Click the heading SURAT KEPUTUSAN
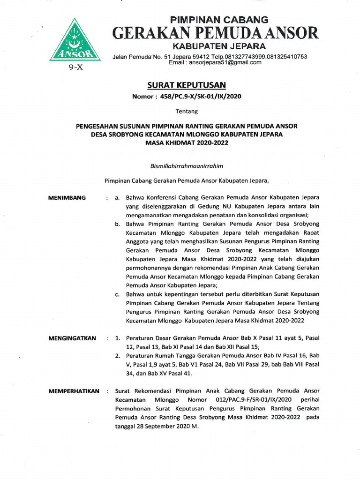coord(187,85)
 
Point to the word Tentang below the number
coord(187,112)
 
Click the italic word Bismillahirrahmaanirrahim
coord(187,165)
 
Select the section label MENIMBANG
coord(67,198)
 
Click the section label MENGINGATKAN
coord(73,338)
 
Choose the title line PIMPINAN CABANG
coord(218,20)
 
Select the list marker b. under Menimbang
coord(117,225)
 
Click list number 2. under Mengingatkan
coord(118,356)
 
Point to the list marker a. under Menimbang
coord(117,198)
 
